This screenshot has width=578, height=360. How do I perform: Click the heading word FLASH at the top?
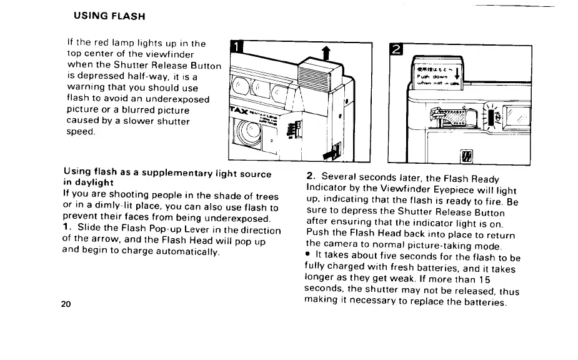130,13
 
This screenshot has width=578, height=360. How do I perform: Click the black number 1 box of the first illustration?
236,47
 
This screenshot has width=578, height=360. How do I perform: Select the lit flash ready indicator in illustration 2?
491,117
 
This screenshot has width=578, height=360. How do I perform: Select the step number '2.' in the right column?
311,177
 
